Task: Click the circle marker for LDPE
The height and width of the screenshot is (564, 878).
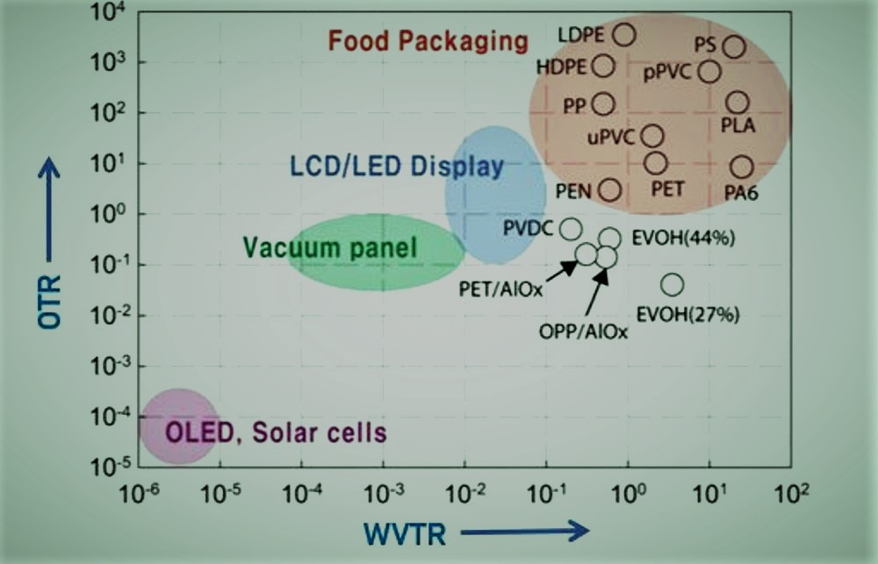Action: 624,34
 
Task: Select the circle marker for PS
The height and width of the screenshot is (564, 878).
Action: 734,47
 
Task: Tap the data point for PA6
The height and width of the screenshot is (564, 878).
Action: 742,167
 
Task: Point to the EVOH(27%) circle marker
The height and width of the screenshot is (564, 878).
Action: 672,284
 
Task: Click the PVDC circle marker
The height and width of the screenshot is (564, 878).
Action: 571,229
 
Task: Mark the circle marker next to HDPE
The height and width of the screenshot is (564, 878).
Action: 603,66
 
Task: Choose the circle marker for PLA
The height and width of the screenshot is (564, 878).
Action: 738,104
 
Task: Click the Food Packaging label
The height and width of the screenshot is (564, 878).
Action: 428,40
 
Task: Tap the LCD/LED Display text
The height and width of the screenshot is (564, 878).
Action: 396,166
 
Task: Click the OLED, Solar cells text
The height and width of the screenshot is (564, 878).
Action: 276,432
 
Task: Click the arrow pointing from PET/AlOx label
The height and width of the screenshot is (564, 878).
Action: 565,267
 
